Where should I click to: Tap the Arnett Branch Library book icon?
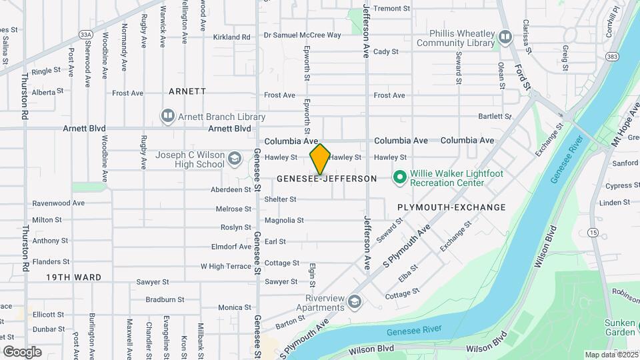(x=167, y=117)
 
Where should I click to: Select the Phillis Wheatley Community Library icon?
(x=505, y=37)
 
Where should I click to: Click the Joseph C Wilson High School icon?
(x=233, y=159)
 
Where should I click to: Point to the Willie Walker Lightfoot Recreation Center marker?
(x=400, y=177)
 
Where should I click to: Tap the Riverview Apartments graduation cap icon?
(x=355, y=303)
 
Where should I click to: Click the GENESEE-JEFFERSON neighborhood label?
(x=327, y=179)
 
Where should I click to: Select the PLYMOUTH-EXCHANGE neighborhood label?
(x=451, y=207)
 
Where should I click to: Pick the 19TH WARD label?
(x=74, y=277)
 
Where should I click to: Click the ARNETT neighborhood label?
(x=187, y=91)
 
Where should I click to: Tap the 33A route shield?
(x=85, y=34)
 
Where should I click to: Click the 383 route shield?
(x=592, y=58)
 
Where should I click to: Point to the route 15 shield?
(x=593, y=232)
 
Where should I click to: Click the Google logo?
(x=22, y=351)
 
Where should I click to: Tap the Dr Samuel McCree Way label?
(x=302, y=35)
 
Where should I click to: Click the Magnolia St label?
(x=284, y=220)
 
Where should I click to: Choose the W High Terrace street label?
(x=226, y=266)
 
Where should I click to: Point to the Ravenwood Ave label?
(x=59, y=203)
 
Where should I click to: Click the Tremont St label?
(x=391, y=8)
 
